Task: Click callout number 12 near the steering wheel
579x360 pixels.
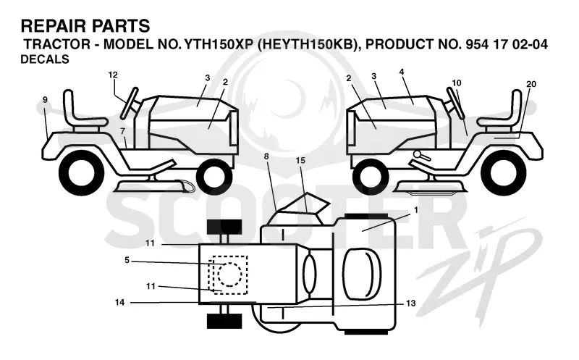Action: click(x=113, y=75)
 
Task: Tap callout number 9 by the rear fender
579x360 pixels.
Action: click(x=45, y=100)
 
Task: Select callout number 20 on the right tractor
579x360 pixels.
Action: click(x=531, y=84)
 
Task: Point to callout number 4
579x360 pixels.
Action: click(x=402, y=72)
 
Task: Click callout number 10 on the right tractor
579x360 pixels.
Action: click(x=457, y=83)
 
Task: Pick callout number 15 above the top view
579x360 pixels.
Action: click(x=300, y=160)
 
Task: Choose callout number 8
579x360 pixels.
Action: click(x=266, y=156)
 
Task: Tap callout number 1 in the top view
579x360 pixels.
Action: click(x=416, y=210)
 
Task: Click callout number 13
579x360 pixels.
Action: click(x=410, y=304)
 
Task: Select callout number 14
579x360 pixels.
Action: click(x=119, y=302)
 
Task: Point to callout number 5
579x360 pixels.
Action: click(x=127, y=260)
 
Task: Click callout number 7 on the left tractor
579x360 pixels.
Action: click(x=122, y=131)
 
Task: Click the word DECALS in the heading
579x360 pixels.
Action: click(x=45, y=59)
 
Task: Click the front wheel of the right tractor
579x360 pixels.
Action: click(x=371, y=175)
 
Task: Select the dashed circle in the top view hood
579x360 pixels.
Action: click(x=230, y=275)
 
